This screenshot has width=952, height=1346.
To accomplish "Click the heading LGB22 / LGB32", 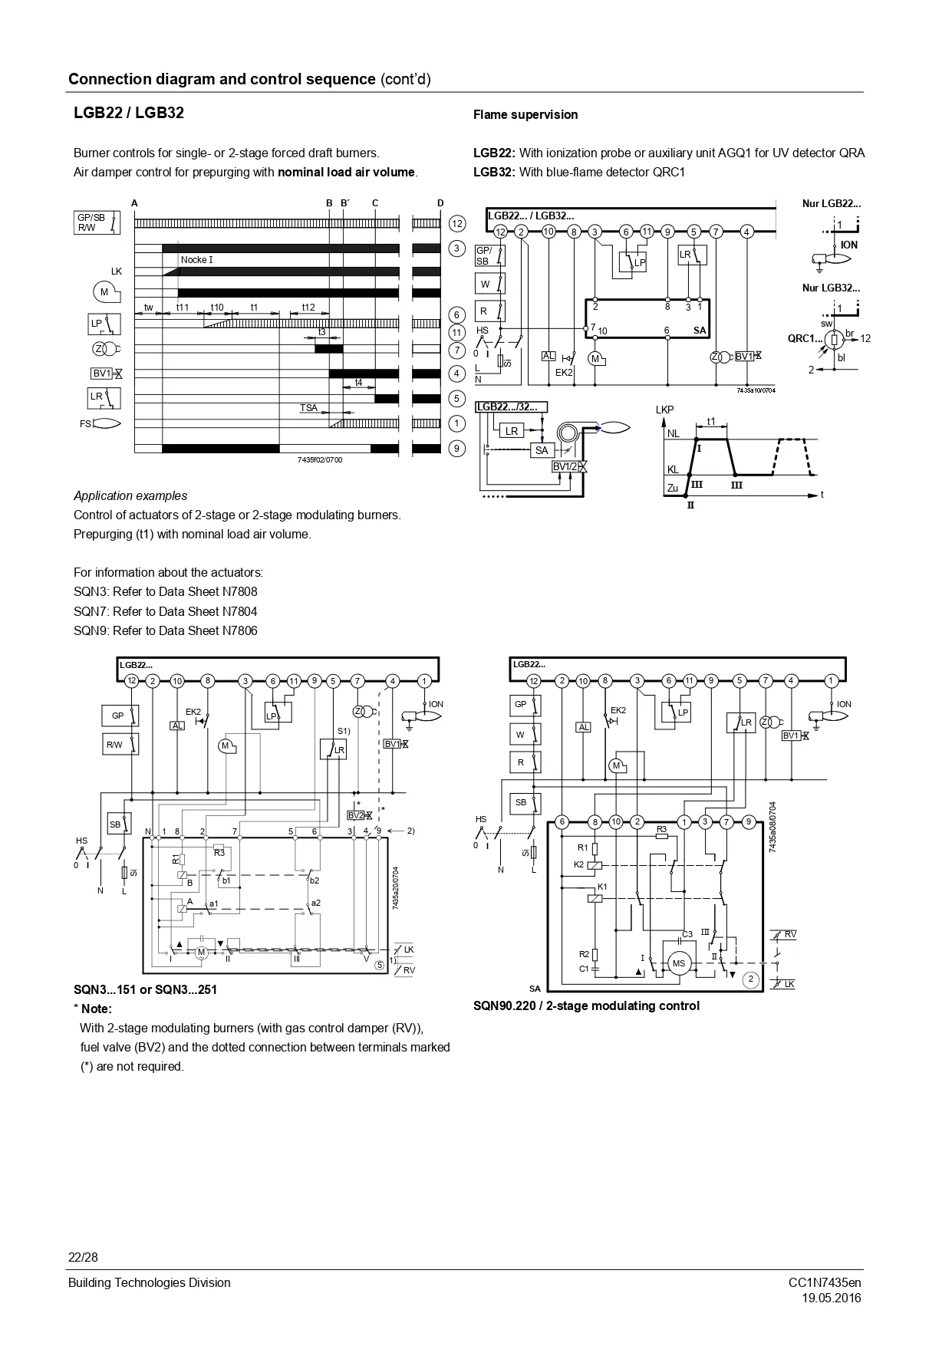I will (x=129, y=113).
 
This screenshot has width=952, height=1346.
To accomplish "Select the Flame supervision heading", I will (x=525, y=115).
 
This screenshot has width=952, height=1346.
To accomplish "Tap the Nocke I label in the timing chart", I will (x=197, y=260).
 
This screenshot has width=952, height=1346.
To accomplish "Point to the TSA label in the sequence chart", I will (x=308, y=408).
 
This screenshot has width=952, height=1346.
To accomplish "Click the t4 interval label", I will (x=358, y=383).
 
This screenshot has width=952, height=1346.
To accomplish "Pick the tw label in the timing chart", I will (x=149, y=308).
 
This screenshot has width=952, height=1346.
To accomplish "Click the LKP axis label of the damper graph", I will (x=664, y=410).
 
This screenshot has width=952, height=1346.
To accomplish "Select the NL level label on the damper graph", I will (x=673, y=434).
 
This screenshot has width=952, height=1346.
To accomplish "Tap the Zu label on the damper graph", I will (x=673, y=488).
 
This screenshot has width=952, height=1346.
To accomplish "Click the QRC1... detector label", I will (x=805, y=338).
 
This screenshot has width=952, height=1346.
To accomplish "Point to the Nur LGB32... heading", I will (x=832, y=288).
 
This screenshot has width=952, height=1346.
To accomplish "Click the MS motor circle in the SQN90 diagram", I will (x=679, y=963).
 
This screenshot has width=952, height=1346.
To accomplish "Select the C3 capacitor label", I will (x=687, y=934).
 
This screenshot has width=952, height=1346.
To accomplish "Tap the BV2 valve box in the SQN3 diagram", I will (x=356, y=815).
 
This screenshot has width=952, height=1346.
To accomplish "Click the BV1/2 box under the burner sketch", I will (x=565, y=467).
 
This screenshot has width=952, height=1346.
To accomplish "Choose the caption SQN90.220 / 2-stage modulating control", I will (x=586, y=1005).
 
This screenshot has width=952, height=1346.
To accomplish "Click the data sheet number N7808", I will (x=239, y=592).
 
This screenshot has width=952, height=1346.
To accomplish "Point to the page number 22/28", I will (x=84, y=1258).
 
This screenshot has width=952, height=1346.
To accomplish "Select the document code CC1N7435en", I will (x=825, y=1282).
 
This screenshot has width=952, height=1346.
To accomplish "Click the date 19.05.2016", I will (x=832, y=1298).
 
